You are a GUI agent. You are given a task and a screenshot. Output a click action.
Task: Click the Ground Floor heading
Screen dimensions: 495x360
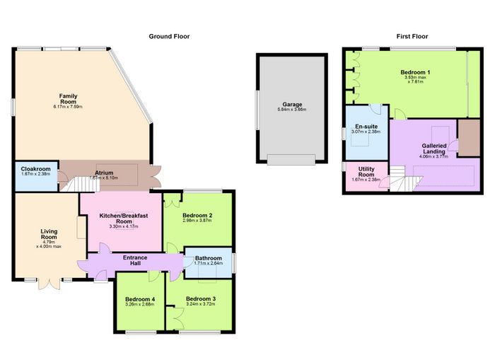tap(169, 36)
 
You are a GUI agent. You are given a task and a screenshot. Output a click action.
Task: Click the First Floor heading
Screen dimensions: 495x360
tap(412, 36)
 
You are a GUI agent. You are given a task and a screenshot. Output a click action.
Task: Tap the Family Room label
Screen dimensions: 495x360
tap(68, 99)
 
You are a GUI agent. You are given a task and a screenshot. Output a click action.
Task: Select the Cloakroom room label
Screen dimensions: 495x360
tap(35, 169)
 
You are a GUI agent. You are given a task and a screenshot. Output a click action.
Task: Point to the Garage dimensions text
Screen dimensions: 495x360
tap(292, 110)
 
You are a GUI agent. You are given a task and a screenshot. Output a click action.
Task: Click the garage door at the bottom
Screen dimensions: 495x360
tap(291, 159)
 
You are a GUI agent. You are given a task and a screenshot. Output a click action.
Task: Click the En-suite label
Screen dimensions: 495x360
tap(366, 127)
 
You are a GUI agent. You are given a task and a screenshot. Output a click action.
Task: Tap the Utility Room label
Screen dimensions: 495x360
tap(366, 172)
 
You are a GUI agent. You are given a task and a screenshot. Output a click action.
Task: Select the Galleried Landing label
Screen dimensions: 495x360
tap(434, 149)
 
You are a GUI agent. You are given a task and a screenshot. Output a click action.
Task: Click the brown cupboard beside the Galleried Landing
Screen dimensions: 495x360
tap(469, 138)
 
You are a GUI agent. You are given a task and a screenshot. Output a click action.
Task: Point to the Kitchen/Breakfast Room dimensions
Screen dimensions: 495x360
tap(124, 226)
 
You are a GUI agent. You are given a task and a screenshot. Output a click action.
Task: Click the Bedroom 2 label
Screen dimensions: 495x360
tap(197, 216)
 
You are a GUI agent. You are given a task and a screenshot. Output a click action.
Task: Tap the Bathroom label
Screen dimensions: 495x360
tap(209, 258)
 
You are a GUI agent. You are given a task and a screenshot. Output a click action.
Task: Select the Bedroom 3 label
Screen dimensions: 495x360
tap(201, 298)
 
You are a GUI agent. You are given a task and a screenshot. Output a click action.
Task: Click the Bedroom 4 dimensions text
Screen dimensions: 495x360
tap(139, 304)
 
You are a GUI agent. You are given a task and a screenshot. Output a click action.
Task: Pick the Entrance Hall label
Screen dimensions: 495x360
tap(135, 260)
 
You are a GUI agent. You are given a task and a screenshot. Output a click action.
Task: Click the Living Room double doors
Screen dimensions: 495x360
tap(49, 284)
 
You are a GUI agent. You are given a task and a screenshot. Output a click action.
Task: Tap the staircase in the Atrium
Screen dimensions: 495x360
tap(81, 185)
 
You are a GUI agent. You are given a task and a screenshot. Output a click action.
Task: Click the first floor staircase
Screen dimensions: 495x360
tap(405, 179)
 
